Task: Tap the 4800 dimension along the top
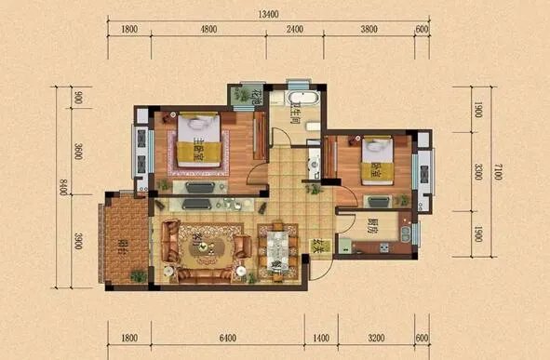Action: click(x=208, y=30)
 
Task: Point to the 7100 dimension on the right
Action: click(x=499, y=172)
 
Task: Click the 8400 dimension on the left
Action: click(x=62, y=193)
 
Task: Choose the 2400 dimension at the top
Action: click(x=294, y=30)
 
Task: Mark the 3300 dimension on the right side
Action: click(x=476, y=172)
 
